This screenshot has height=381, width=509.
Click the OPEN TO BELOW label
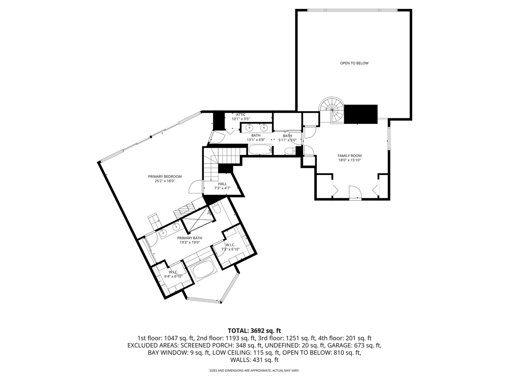coord(354,63)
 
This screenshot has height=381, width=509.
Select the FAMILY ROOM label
coord(349,156)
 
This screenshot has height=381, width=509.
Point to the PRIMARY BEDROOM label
coord(164,176)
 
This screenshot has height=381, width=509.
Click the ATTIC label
coord(241,114)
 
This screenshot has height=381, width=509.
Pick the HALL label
coord(222,184)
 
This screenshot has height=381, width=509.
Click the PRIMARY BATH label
coord(189,238)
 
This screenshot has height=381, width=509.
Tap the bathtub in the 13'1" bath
coord(260,150)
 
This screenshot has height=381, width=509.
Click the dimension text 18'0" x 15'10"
coord(349,160)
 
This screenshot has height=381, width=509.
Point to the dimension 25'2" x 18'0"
coord(164,181)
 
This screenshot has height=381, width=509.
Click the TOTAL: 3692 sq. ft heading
coord(254,331)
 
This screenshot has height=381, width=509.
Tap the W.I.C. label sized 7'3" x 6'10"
coord(230,245)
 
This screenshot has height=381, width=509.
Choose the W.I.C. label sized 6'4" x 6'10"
coord(173,272)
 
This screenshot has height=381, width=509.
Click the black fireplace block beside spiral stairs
coord(361,114)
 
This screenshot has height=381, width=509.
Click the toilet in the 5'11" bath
coord(291,151)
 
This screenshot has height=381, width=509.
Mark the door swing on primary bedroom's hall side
coord(195,187)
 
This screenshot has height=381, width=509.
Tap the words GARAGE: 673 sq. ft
coord(354,345)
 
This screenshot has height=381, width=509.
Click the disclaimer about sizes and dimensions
coord(254,370)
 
